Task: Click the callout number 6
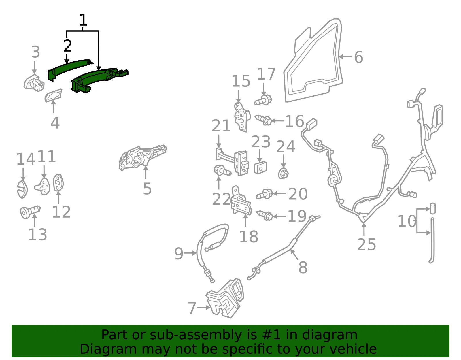[358, 57]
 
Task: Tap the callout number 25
[366, 244]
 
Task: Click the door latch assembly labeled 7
[225, 298]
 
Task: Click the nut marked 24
[283, 173]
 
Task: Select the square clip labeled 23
[260, 168]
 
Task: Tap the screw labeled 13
[30, 212]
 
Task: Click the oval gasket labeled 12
[58, 182]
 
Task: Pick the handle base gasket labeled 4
[53, 95]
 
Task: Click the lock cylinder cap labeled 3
[34, 83]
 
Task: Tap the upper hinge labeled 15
[242, 117]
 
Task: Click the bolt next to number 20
[264, 194]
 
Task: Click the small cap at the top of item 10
[433, 209]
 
